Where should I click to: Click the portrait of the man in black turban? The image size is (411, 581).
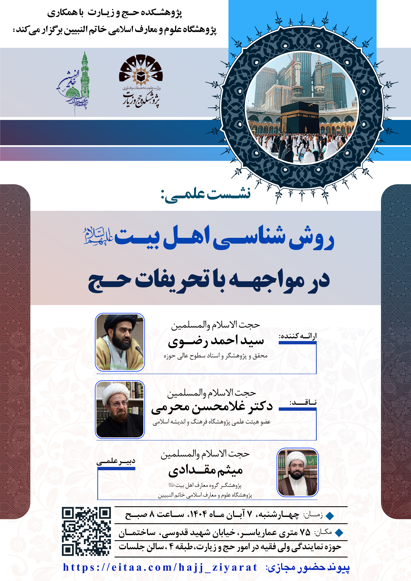(x=120, y=342)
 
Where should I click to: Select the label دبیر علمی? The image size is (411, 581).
(x=116, y=461)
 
